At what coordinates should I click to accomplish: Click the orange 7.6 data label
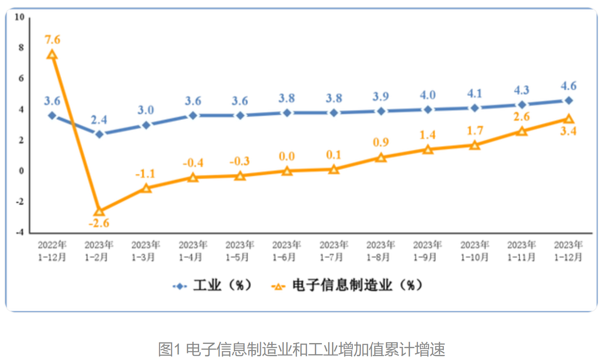click(x=53, y=39)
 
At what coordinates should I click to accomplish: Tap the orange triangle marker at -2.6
click(x=99, y=211)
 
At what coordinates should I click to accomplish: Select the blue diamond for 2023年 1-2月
click(x=99, y=134)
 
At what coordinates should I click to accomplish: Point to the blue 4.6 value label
click(x=568, y=86)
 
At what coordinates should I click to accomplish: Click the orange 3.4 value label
click(x=568, y=131)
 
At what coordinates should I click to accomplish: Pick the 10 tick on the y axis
click(x=19, y=17)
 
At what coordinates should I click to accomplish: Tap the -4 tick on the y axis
click(x=19, y=233)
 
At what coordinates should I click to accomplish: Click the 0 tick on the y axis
click(x=21, y=171)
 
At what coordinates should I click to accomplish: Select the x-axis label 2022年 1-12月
click(x=52, y=251)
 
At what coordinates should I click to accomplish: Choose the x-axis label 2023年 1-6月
click(x=286, y=251)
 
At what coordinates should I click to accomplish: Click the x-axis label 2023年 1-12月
click(x=568, y=251)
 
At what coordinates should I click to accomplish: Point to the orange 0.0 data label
click(x=287, y=156)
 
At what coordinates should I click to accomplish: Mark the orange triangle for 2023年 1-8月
click(x=381, y=158)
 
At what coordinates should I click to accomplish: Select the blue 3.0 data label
click(x=146, y=110)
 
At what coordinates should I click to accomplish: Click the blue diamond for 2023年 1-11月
click(x=521, y=105)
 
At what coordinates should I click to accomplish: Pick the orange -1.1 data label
click(x=145, y=174)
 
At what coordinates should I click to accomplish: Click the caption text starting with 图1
click(x=301, y=349)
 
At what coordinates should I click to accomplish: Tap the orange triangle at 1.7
click(x=475, y=145)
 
